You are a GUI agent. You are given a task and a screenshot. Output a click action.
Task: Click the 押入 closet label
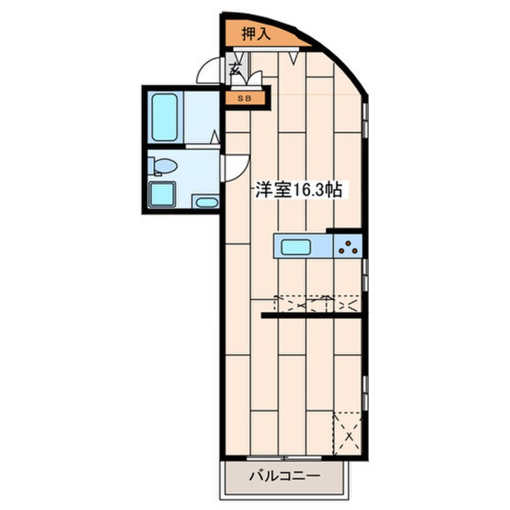tap(256, 34)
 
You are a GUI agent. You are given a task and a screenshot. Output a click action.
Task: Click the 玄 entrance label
tap(234, 69)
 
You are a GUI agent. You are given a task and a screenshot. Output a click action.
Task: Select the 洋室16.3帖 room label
tap(298, 190)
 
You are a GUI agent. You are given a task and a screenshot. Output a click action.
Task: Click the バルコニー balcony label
tap(285, 476)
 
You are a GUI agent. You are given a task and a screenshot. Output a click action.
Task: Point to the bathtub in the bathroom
tap(165, 117)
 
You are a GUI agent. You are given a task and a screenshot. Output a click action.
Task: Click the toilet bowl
tap(163, 166)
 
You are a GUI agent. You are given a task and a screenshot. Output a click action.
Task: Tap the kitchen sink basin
tap(295, 247)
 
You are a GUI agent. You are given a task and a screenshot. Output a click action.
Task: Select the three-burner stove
tap(348, 247)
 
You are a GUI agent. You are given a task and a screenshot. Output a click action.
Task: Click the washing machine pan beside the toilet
tap(162, 195)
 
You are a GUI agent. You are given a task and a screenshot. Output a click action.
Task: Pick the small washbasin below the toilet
tap(206, 202)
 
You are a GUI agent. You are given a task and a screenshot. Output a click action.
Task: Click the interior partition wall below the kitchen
tap(312, 315)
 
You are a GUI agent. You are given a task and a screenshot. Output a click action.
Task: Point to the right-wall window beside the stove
tap(365, 275)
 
